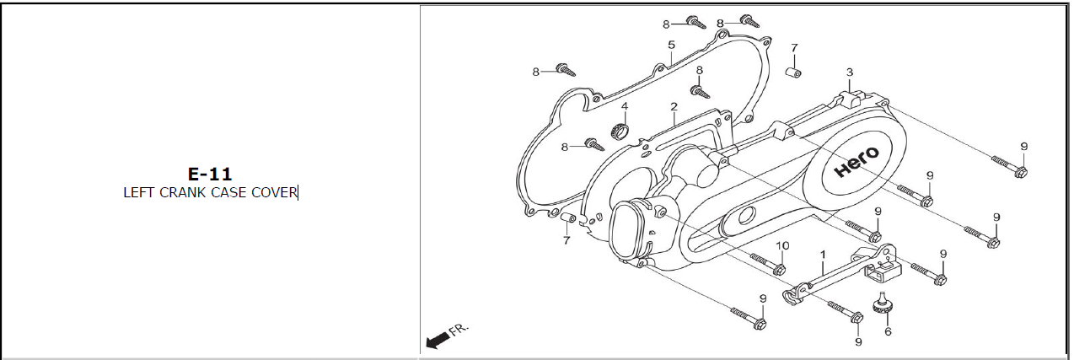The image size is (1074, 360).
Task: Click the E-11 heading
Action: (210, 174)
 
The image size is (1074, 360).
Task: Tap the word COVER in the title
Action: (274, 193)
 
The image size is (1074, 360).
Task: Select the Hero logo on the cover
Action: (857, 162)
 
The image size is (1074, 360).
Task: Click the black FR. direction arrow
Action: (438, 341)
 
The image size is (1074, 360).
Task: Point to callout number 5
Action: (671, 45)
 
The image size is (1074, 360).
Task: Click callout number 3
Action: (850, 73)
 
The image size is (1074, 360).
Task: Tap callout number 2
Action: (674, 106)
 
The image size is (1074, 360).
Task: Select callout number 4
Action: (625, 106)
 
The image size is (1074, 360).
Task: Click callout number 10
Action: (782, 245)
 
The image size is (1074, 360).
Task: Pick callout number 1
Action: (824, 255)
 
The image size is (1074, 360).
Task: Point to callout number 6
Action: (888, 331)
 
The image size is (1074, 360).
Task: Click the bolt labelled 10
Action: (768, 264)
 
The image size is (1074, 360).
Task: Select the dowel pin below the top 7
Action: (793, 73)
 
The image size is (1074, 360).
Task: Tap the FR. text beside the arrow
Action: (459, 330)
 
